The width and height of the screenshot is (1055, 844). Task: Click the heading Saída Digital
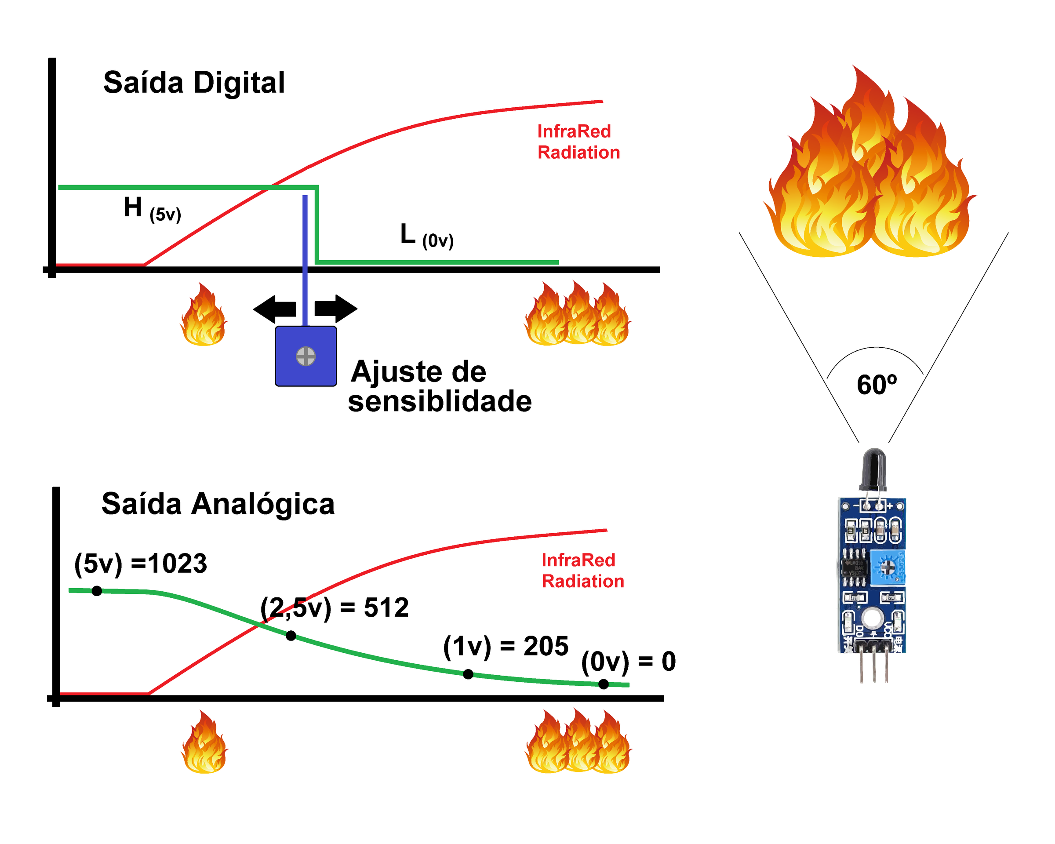(194, 82)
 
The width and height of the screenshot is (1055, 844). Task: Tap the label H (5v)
(152, 209)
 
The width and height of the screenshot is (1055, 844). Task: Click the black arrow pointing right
(336, 309)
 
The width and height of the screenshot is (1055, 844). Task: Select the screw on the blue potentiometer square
(306, 356)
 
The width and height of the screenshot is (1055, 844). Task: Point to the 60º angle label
(877, 385)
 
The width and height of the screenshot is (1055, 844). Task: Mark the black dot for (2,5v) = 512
(291, 636)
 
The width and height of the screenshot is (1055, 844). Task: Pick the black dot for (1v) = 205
(468, 674)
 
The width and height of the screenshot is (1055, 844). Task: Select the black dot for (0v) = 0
(604, 684)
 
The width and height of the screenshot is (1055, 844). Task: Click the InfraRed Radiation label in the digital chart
(578, 142)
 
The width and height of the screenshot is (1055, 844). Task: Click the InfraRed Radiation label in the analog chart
(582, 571)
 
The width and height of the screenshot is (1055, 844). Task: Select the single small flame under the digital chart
(204, 316)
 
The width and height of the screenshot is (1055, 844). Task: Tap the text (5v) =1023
(140, 564)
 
